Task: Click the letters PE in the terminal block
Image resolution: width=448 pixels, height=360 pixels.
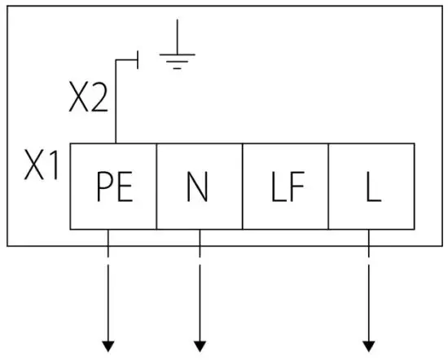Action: click(x=114, y=188)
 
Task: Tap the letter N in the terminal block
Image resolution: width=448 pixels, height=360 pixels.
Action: click(x=198, y=188)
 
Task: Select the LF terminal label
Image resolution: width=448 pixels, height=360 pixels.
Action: click(x=287, y=188)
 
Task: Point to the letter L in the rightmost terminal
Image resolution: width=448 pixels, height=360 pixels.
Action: click(x=372, y=188)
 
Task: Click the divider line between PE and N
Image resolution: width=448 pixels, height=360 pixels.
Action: click(x=156, y=187)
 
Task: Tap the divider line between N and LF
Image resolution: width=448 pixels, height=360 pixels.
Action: click(x=243, y=187)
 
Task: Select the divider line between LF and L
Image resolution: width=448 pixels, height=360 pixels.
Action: click(x=328, y=187)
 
